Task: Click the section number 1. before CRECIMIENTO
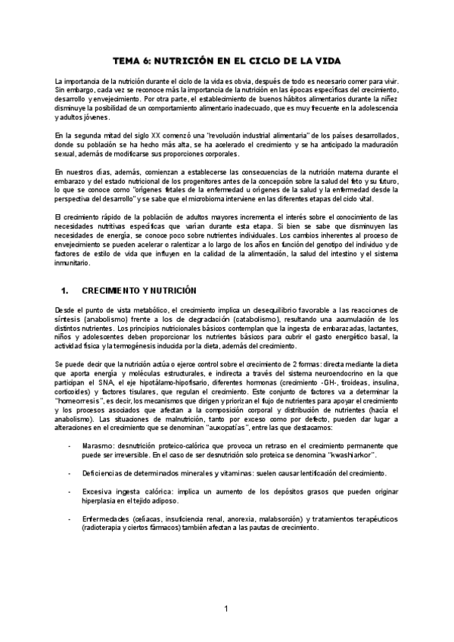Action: click(x=64, y=290)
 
